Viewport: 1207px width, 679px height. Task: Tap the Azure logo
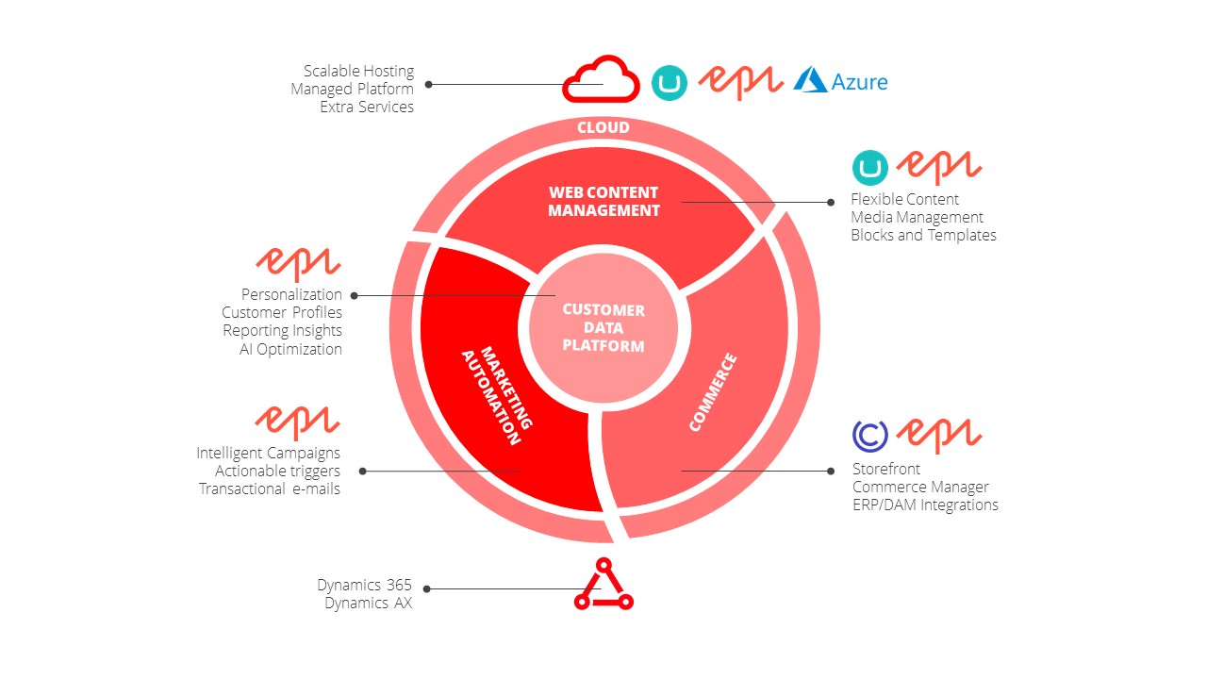840,81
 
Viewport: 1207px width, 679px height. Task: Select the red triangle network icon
603,586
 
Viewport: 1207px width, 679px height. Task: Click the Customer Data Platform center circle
603,327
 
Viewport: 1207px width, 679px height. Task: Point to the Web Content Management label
603,201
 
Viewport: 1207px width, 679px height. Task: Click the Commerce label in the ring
713,392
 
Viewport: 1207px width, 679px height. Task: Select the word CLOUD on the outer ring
603,127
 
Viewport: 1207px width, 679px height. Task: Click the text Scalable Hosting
358,71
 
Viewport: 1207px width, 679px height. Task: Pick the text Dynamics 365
364,585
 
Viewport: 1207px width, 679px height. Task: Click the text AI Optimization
290,349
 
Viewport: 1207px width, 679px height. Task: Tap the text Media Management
917,217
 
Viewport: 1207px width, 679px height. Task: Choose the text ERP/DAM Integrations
925,505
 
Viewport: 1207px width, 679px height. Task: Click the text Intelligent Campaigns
269,453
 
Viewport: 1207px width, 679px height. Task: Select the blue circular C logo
869,435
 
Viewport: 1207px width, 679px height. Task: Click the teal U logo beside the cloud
670,82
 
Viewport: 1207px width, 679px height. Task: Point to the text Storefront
886,469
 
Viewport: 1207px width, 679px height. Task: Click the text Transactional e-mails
270,489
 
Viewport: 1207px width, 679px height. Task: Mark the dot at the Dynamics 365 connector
427,588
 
